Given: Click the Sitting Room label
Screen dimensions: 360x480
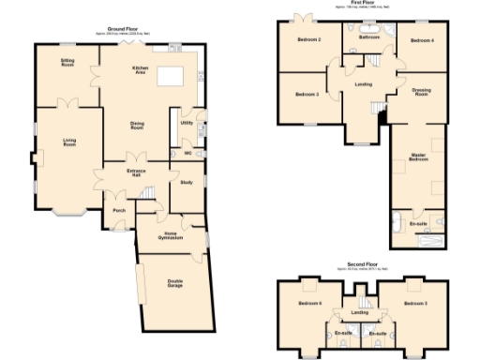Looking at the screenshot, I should (x=68, y=62).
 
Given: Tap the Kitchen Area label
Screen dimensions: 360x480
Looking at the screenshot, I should (x=142, y=70).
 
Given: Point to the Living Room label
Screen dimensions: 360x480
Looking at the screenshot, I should (x=69, y=142).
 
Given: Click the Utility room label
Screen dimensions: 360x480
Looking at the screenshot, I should (x=186, y=123).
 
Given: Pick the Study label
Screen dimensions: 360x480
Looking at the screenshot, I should (x=187, y=184).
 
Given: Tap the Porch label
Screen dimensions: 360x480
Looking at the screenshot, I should (x=119, y=210).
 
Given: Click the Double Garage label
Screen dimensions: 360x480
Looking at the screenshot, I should (x=175, y=283).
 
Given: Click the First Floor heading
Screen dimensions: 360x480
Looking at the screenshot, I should (x=363, y=4).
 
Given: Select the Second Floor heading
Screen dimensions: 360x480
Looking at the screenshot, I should (x=360, y=265).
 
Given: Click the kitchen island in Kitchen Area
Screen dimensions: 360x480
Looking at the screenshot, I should (x=171, y=77).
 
